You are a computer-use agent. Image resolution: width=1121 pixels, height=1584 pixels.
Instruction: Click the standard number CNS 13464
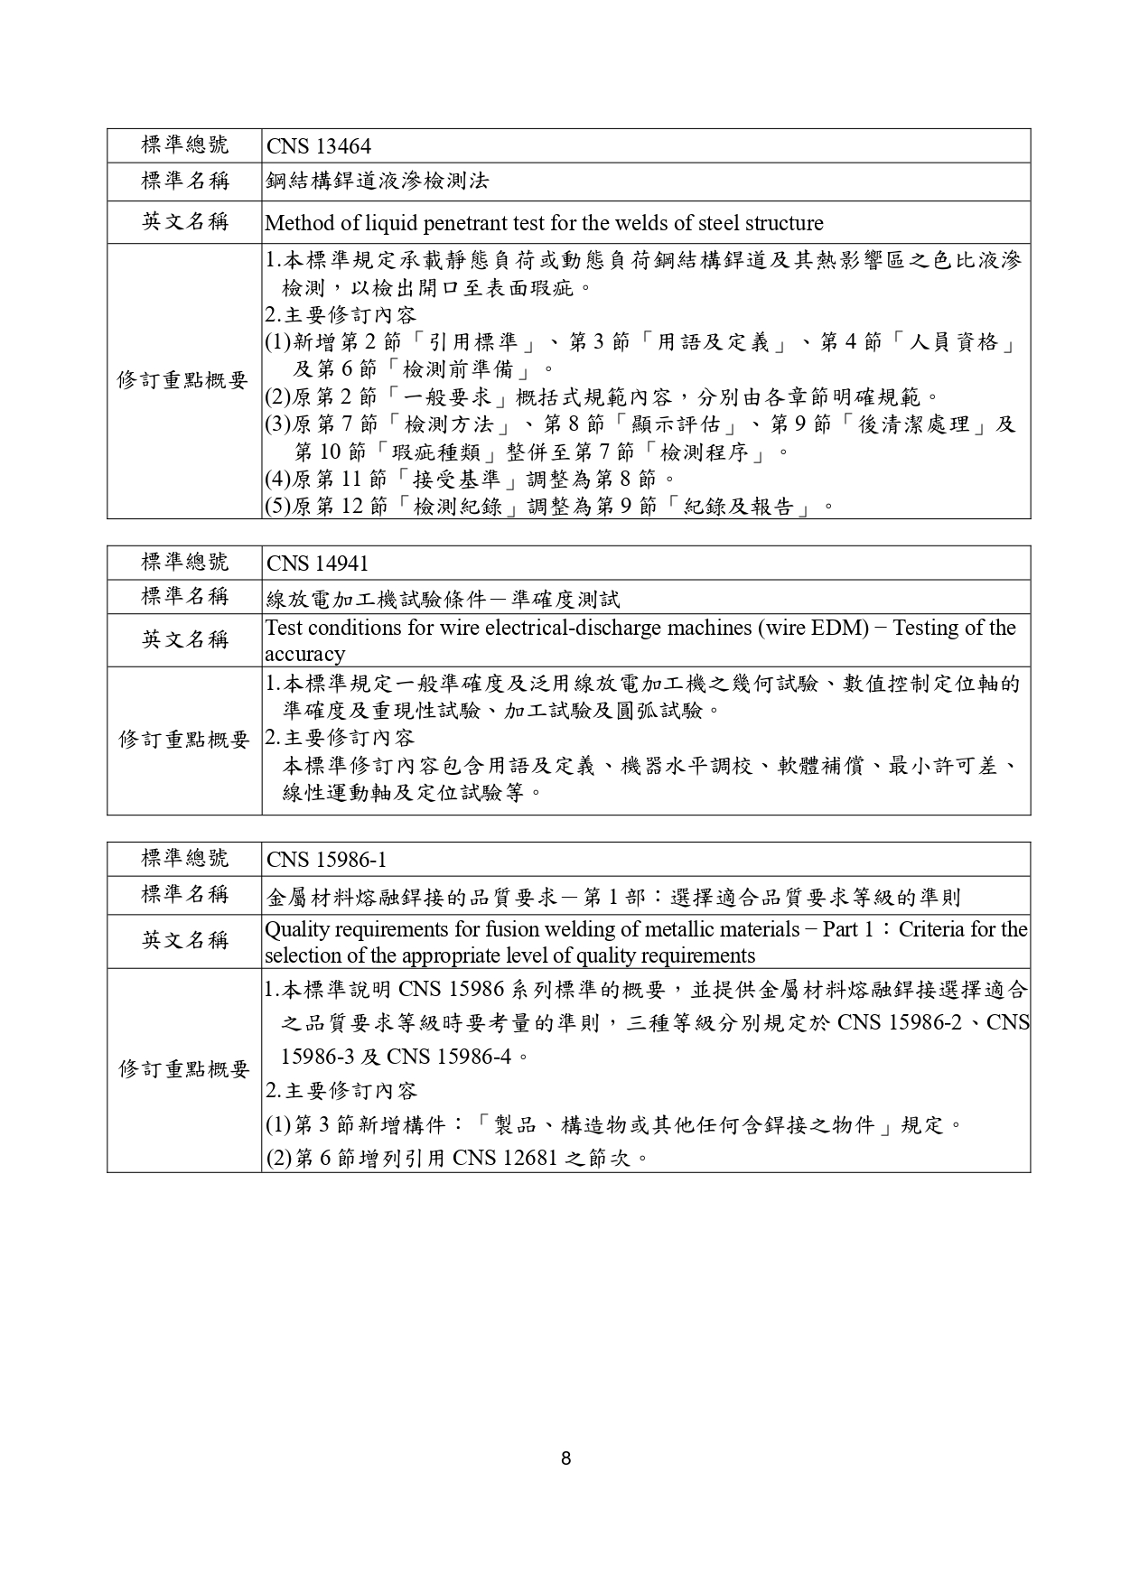319,147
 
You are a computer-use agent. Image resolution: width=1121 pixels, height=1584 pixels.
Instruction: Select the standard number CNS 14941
318,564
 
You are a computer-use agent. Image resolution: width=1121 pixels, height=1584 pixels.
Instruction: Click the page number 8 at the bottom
565,1458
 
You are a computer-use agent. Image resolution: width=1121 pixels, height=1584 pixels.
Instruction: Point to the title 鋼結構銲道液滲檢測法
378,182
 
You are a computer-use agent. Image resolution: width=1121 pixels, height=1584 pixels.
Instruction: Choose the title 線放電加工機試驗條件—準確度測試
444,599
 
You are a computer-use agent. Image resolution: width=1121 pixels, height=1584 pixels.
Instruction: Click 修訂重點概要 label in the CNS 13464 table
183,380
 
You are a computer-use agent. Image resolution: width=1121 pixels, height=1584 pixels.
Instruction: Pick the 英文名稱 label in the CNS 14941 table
185,640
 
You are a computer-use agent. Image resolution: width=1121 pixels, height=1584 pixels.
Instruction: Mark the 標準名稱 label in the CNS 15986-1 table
185,895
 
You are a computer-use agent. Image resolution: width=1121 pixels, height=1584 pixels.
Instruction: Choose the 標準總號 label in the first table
185,145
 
